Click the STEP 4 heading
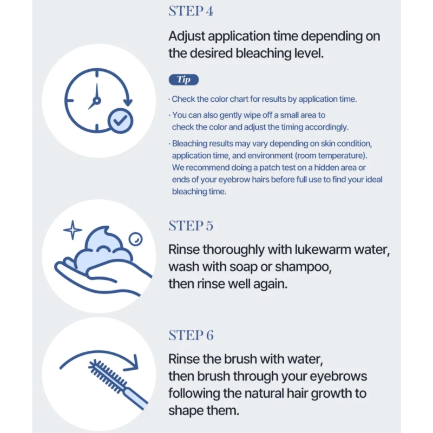pyautogui.click(x=191, y=11)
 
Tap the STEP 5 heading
pyautogui.click(x=191, y=226)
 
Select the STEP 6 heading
pyautogui.click(x=191, y=335)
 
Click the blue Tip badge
pyautogui.click(x=183, y=80)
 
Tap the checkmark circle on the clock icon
pyautogui.click(x=120, y=121)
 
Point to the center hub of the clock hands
pyautogui.click(x=97, y=100)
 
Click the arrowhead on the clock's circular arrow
pyautogui.click(x=128, y=102)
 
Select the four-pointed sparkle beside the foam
pyautogui.click(x=73, y=229)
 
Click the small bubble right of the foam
pyautogui.click(x=136, y=239)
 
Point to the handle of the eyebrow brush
pyautogui.click(x=136, y=398)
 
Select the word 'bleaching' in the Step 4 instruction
pyautogui.click(x=263, y=53)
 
